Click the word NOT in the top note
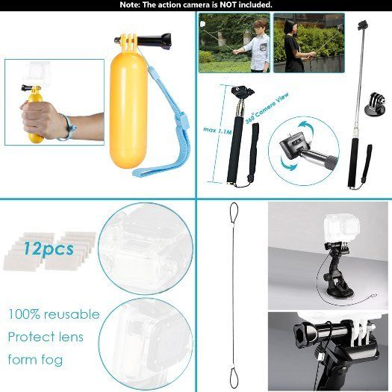[x=227, y=4]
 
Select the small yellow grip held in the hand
[x=35, y=117]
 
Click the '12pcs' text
[x=49, y=249]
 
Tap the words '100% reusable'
[x=54, y=314]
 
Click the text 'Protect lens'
[x=46, y=337]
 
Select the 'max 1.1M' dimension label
[x=217, y=130]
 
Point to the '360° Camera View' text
[x=267, y=108]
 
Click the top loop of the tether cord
[x=234, y=213]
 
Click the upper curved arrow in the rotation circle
[x=308, y=127]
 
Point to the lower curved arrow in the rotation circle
[x=288, y=164]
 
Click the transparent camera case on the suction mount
[x=342, y=228]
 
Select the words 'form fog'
[x=36, y=360]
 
